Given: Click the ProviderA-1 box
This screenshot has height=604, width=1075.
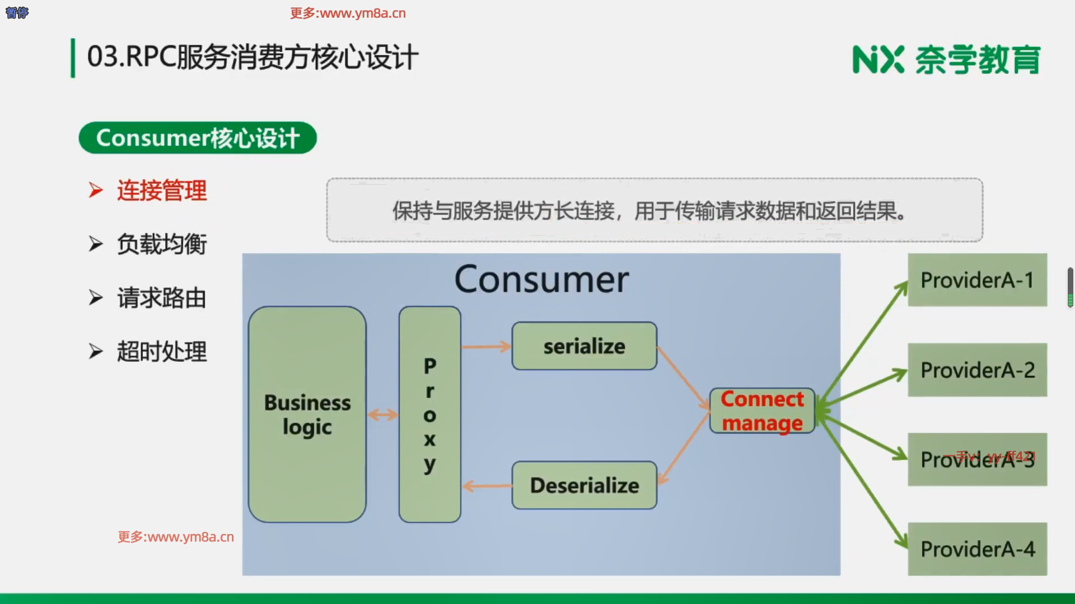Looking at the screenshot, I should point(977,280).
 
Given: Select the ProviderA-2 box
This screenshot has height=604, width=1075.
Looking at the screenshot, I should point(977,370).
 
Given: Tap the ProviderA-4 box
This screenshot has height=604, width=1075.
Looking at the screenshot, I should point(977,549).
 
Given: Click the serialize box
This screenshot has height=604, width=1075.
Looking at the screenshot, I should point(584,346).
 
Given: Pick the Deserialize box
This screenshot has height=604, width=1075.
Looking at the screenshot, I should point(584,485).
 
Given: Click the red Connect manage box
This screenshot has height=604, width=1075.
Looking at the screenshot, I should point(761,411).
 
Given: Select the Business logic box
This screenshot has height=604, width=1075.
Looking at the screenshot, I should point(307,414).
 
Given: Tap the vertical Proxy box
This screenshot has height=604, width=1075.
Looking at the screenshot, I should point(429,414).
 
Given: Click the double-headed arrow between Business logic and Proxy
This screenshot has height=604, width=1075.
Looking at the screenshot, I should point(382,415).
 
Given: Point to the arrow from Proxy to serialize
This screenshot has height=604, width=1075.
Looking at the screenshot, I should point(486,347).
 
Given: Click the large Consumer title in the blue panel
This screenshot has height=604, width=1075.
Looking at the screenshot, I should point(541,280).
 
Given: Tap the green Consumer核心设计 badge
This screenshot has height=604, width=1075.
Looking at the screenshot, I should point(198,138).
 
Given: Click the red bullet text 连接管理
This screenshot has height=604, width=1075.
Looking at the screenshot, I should point(161,191).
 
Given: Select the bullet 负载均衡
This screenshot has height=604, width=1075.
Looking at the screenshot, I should point(161,244).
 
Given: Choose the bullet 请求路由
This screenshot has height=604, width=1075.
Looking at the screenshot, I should point(161,298).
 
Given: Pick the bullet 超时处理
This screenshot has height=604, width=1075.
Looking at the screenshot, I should point(161,352).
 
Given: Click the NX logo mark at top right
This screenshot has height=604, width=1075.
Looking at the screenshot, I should point(878,60).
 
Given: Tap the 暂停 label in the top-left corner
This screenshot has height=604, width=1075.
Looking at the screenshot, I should point(17,12).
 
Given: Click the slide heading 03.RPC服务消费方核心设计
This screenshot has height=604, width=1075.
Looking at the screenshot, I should point(253,57).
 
